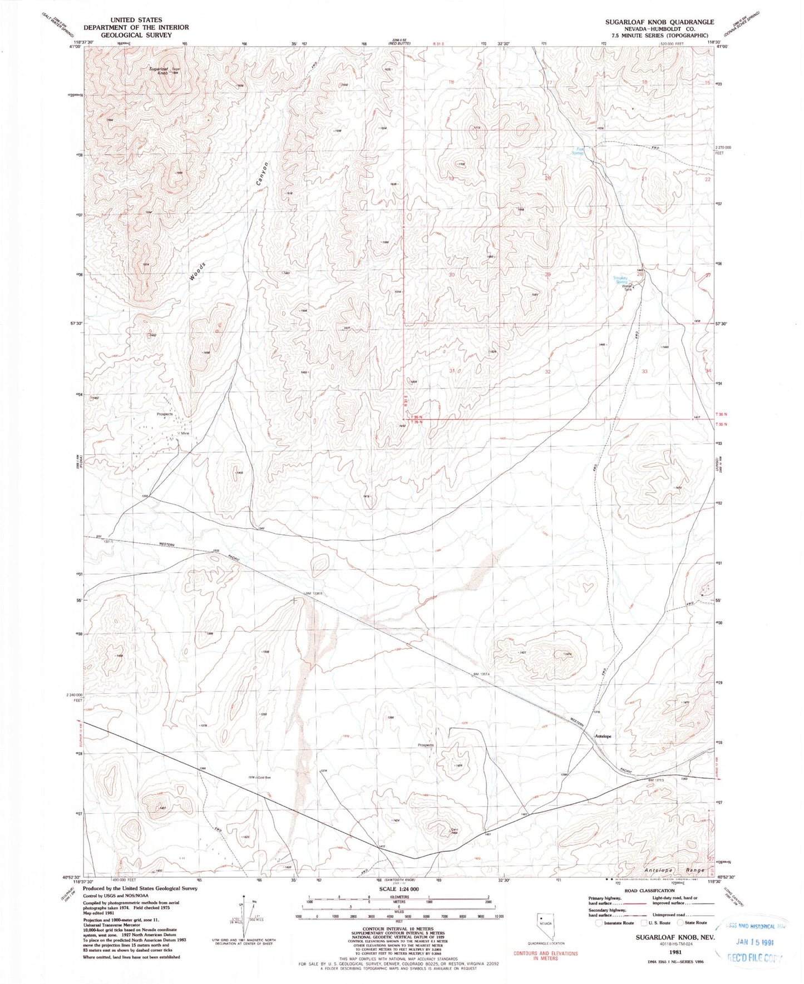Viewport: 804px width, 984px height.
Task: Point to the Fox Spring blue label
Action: point(580,150)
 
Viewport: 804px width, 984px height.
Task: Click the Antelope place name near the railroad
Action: point(603,736)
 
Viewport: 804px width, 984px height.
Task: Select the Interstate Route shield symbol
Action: point(599,923)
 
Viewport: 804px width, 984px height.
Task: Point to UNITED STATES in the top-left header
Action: point(136,19)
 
